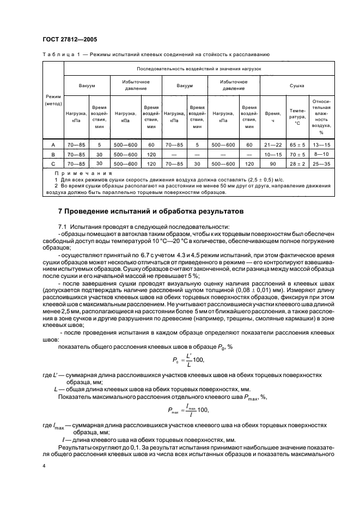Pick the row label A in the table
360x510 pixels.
point(53,145)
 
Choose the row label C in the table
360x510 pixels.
point(53,163)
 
